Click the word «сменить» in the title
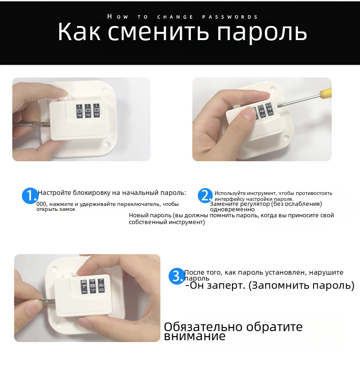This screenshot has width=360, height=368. coord(158,32)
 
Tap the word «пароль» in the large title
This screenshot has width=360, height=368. coord(262,33)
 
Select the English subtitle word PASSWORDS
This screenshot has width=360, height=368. coord(230,17)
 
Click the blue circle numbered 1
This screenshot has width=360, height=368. coord(30,195)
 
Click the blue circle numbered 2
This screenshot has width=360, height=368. coord(205,196)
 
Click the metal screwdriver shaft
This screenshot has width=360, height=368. coord(298,101)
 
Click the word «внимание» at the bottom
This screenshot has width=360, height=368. coord(195,336)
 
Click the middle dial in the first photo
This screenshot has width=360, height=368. coord(88,111)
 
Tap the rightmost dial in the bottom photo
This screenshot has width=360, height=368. coord(101,286)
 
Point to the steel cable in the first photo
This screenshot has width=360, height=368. coord(31,124)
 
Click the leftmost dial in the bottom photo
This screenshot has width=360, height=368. coord(84,286)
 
